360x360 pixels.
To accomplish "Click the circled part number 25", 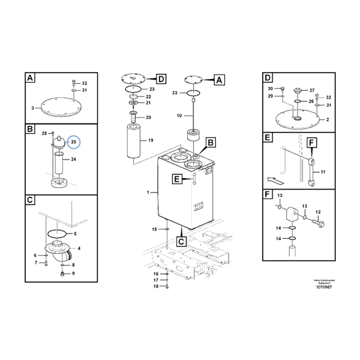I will (x=74, y=142).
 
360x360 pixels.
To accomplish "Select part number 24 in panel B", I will (x=74, y=160).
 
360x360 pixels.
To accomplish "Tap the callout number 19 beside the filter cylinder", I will (x=151, y=140).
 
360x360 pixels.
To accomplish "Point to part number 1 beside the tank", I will (x=148, y=192).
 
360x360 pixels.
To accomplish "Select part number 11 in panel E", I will (x=322, y=173).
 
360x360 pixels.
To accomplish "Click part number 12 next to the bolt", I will (x=319, y=212).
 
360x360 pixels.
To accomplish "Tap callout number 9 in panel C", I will (x=73, y=274).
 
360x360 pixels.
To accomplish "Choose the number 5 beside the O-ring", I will (x=74, y=233).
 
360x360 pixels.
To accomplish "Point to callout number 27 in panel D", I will (x=311, y=91).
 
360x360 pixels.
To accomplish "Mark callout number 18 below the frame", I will (x=156, y=287).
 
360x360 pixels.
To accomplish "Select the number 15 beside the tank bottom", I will (x=154, y=230).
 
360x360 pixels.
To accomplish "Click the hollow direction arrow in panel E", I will (x=273, y=178).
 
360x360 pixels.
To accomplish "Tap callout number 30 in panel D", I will (x=270, y=89).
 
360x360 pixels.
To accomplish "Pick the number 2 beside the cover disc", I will (x=327, y=119).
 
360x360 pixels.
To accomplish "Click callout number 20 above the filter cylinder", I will (x=148, y=118).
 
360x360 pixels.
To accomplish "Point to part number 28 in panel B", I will (x=44, y=133).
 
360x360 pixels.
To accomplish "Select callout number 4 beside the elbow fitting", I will (x=79, y=248).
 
